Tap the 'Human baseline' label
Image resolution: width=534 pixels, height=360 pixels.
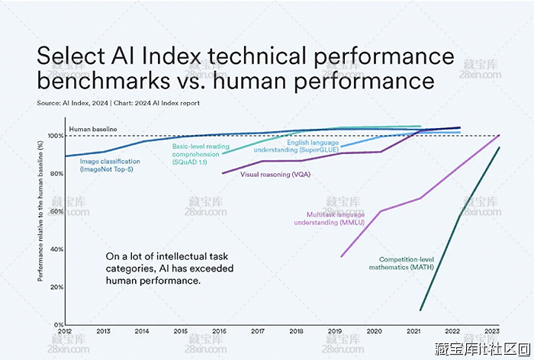click(92, 130)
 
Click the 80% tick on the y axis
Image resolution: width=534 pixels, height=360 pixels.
click(56, 174)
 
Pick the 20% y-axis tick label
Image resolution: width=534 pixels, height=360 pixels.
click(56, 288)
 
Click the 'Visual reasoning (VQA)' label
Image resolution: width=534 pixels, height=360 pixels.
click(275, 174)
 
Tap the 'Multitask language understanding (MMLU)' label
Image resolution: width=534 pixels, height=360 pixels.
click(335, 218)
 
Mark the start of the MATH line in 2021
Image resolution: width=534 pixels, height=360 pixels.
click(420, 310)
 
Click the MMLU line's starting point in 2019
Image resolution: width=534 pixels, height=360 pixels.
click(341, 256)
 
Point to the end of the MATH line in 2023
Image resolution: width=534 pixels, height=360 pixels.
click(500, 148)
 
